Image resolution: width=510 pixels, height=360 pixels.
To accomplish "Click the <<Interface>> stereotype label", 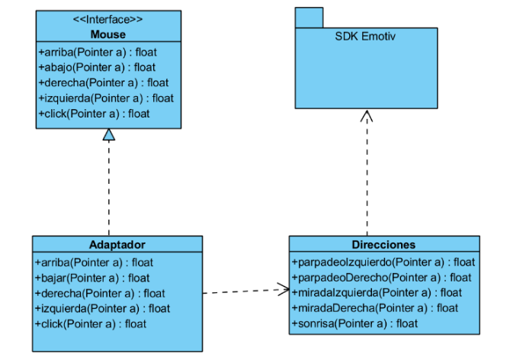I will [108, 19].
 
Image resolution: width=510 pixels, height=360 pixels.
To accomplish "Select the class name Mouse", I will [108, 34].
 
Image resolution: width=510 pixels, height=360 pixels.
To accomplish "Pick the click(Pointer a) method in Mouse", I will [94, 114].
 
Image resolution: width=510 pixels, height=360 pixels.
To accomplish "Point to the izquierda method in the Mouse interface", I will [106, 98].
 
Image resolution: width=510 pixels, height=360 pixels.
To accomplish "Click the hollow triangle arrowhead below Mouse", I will [109, 135].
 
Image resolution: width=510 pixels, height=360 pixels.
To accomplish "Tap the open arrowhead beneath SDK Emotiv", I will [367, 116].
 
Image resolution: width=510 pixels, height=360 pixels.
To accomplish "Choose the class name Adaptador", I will [117, 245].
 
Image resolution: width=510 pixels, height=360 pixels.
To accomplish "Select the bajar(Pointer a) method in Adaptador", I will [93, 278].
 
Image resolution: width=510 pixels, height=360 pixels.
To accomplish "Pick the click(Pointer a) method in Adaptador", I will [91, 323].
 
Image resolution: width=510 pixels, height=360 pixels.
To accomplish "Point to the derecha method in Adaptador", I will [100, 293].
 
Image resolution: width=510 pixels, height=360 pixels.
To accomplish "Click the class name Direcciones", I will [383, 245].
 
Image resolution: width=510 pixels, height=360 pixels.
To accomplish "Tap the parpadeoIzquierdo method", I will [383, 262].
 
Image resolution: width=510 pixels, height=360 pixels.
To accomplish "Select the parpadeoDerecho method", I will [382, 277].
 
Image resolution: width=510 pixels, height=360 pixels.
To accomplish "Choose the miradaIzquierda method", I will [377, 292].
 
